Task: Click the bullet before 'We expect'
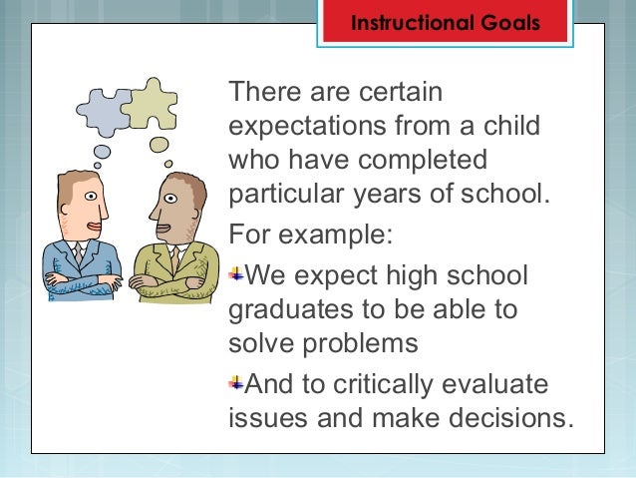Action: (x=236, y=273)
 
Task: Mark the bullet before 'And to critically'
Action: (x=236, y=382)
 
